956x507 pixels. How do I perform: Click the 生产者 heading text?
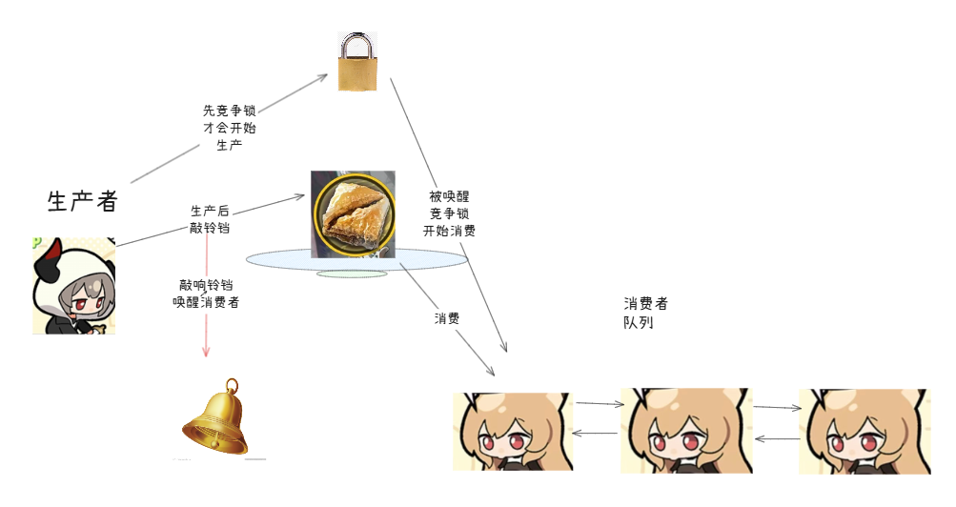[82, 201]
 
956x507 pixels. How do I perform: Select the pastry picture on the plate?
[353, 214]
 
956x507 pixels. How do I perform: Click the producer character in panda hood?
[73, 286]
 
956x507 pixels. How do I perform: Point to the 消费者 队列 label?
[645, 313]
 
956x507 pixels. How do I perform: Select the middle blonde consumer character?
[685, 431]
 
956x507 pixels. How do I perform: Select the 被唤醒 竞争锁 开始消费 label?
[449, 213]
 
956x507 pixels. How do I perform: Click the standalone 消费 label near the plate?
[447, 318]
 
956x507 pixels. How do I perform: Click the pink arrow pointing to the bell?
[206, 324]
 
